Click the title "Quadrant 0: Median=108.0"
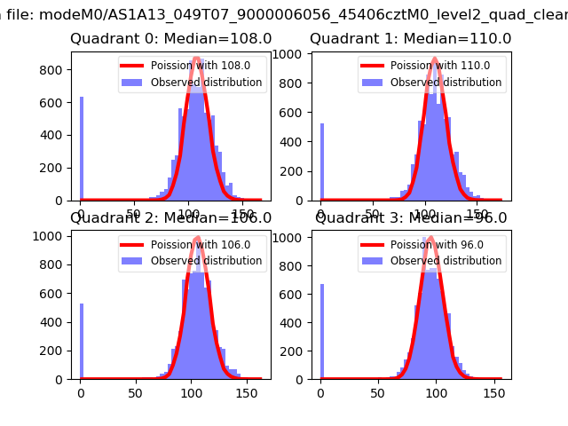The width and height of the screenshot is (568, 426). click(171, 38)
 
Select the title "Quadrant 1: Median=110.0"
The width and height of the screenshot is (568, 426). click(410, 38)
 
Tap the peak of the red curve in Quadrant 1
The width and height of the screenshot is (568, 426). click(435, 59)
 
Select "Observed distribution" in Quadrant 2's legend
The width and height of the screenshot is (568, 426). click(206, 261)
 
